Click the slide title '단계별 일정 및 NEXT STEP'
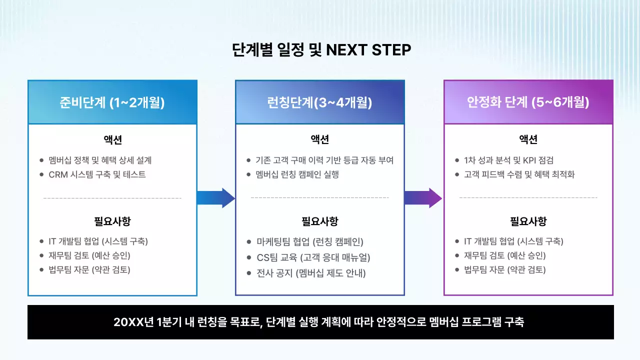coord(321,50)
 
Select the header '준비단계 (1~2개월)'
coord(112,102)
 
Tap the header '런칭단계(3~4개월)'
coord(319,102)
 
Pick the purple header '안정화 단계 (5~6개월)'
coord(528,102)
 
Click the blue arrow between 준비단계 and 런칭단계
coord(215,198)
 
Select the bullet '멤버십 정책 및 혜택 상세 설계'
coord(100,160)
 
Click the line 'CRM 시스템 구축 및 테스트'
coord(97,175)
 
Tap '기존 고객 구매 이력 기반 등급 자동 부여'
coord(324,160)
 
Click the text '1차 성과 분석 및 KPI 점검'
coord(508,160)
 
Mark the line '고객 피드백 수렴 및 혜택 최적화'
coord(519,175)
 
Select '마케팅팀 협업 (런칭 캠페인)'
coord(309,242)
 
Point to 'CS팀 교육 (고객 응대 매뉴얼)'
coord(313,257)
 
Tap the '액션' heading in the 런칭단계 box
coord(320,139)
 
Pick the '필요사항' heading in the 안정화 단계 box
coord(528,221)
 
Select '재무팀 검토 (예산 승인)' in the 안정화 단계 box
coord(504,255)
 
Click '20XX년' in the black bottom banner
coord(129,322)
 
